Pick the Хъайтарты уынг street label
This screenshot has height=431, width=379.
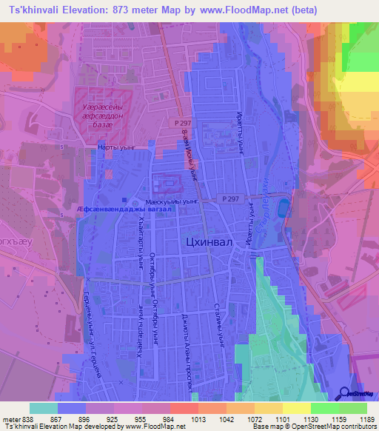click(138, 247)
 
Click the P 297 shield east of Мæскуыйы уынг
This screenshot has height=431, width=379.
click(230, 199)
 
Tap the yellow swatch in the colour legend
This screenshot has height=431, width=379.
click(297, 407)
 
